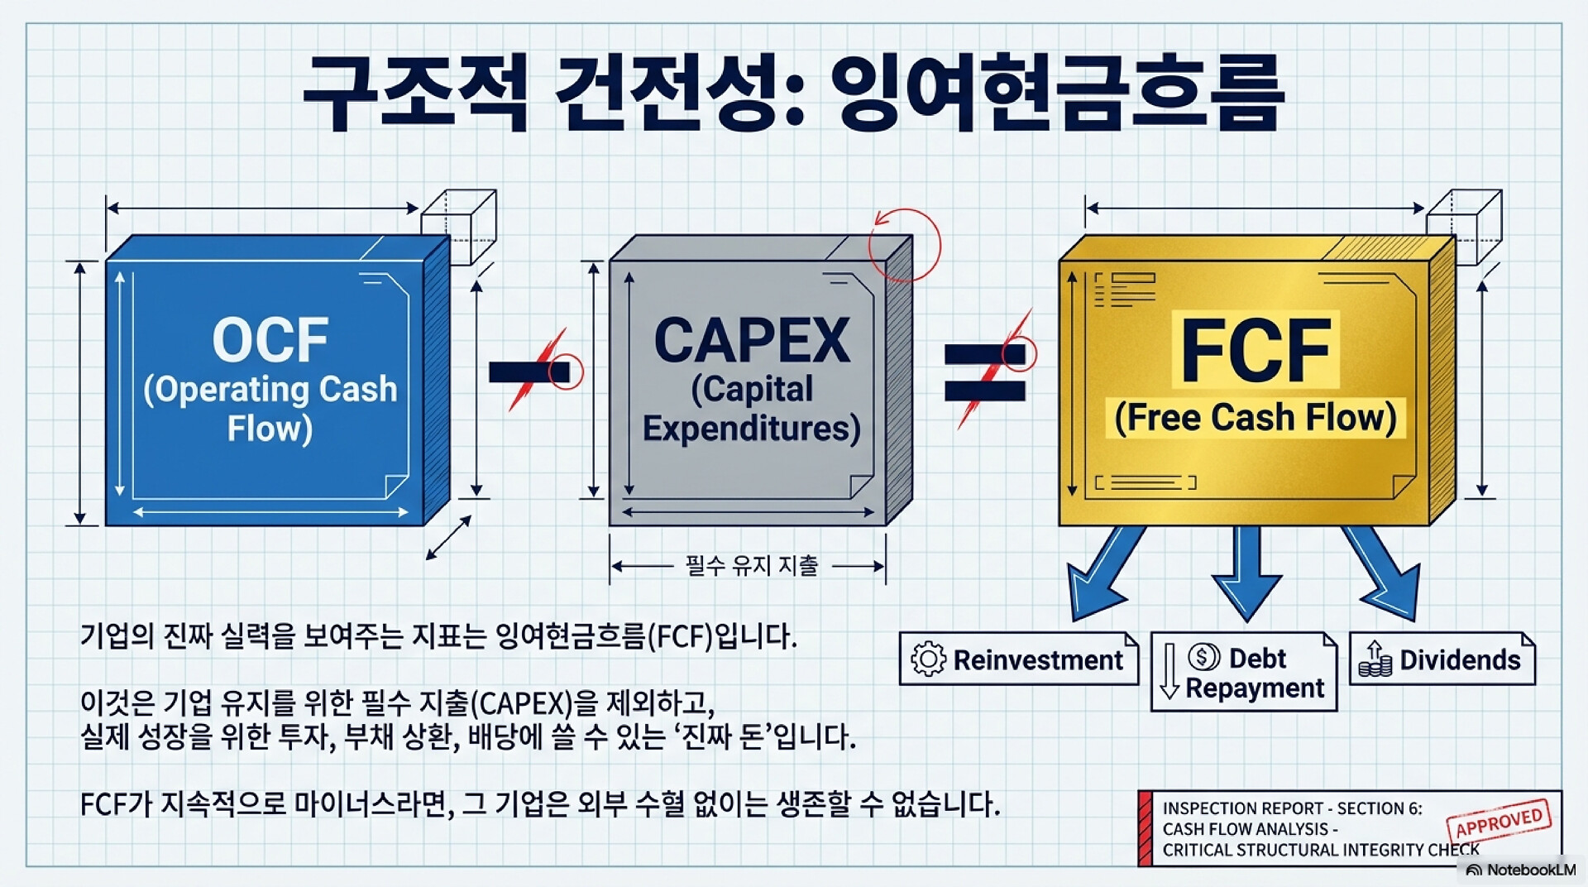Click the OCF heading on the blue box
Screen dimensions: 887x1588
pyautogui.click(x=270, y=340)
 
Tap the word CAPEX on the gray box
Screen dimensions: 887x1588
pyautogui.click(x=751, y=341)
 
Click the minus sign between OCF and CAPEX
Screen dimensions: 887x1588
pyautogui.click(x=529, y=372)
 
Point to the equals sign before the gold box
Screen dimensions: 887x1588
pyautogui.click(x=985, y=372)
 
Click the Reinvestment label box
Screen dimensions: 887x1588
pyautogui.click(x=1018, y=659)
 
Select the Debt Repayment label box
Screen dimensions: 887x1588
pyautogui.click(x=1243, y=673)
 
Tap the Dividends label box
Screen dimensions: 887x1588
pyautogui.click(x=1442, y=659)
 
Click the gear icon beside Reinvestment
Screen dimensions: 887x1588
pyautogui.click(x=928, y=659)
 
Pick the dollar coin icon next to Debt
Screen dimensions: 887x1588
pyautogui.click(x=1203, y=657)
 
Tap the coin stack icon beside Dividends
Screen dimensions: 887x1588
pyautogui.click(x=1375, y=660)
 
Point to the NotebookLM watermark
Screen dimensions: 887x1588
pyautogui.click(x=1521, y=870)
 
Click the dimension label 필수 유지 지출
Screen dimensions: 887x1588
pyautogui.click(x=751, y=566)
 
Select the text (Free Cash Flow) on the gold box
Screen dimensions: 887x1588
pyautogui.click(x=1255, y=418)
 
